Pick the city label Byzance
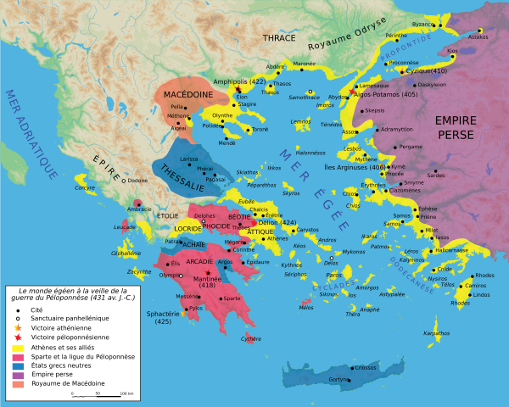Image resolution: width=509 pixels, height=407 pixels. (x=422, y=25)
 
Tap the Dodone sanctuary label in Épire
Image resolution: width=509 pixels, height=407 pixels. (x=136, y=181)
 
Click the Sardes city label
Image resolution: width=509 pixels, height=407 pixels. (x=436, y=176)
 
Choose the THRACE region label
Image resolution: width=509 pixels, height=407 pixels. (x=279, y=38)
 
